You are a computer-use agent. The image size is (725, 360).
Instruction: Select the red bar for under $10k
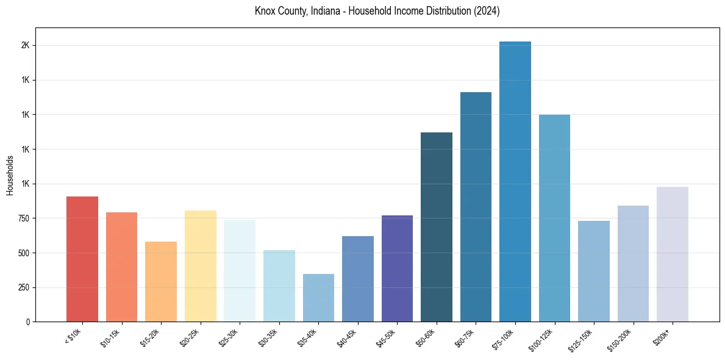tap(82, 259)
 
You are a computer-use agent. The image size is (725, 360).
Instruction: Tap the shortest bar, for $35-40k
tap(318, 298)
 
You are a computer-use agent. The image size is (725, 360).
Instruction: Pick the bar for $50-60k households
tap(437, 227)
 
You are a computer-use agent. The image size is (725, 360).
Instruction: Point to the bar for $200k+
tap(673, 254)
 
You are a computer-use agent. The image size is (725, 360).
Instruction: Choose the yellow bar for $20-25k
tap(201, 266)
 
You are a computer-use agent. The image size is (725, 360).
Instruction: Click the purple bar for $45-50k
tap(397, 268)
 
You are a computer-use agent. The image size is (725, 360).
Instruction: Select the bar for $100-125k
tap(554, 218)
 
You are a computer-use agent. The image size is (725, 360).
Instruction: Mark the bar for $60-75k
tap(476, 207)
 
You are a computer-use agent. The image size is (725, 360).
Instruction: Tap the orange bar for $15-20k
tap(161, 281)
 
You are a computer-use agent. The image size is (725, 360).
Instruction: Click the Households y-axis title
tap(10, 175)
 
